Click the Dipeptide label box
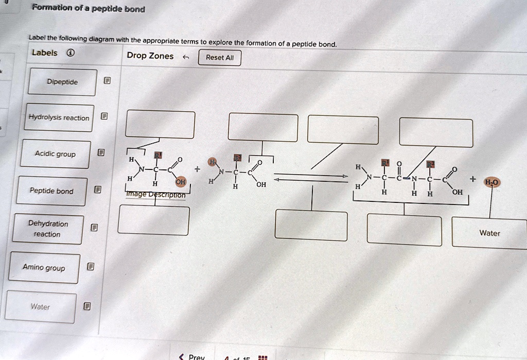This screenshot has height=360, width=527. tap(62, 82)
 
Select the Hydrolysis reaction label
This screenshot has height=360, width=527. tap(59, 118)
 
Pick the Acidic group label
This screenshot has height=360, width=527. tap(55, 154)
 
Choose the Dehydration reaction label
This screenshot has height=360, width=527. tap(48, 229)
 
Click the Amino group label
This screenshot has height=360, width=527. tap(44, 268)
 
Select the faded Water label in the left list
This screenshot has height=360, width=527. tap(41, 307)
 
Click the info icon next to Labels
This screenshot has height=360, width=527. tap(70, 53)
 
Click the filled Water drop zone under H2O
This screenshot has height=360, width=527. tap(489, 233)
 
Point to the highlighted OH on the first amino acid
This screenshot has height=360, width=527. tap(180, 181)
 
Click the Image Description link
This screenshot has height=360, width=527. tap(155, 195)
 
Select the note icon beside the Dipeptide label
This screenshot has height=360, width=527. tap(107, 81)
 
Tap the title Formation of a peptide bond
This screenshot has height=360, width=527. tap(89, 9)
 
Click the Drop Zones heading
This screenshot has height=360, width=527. tap(150, 56)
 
